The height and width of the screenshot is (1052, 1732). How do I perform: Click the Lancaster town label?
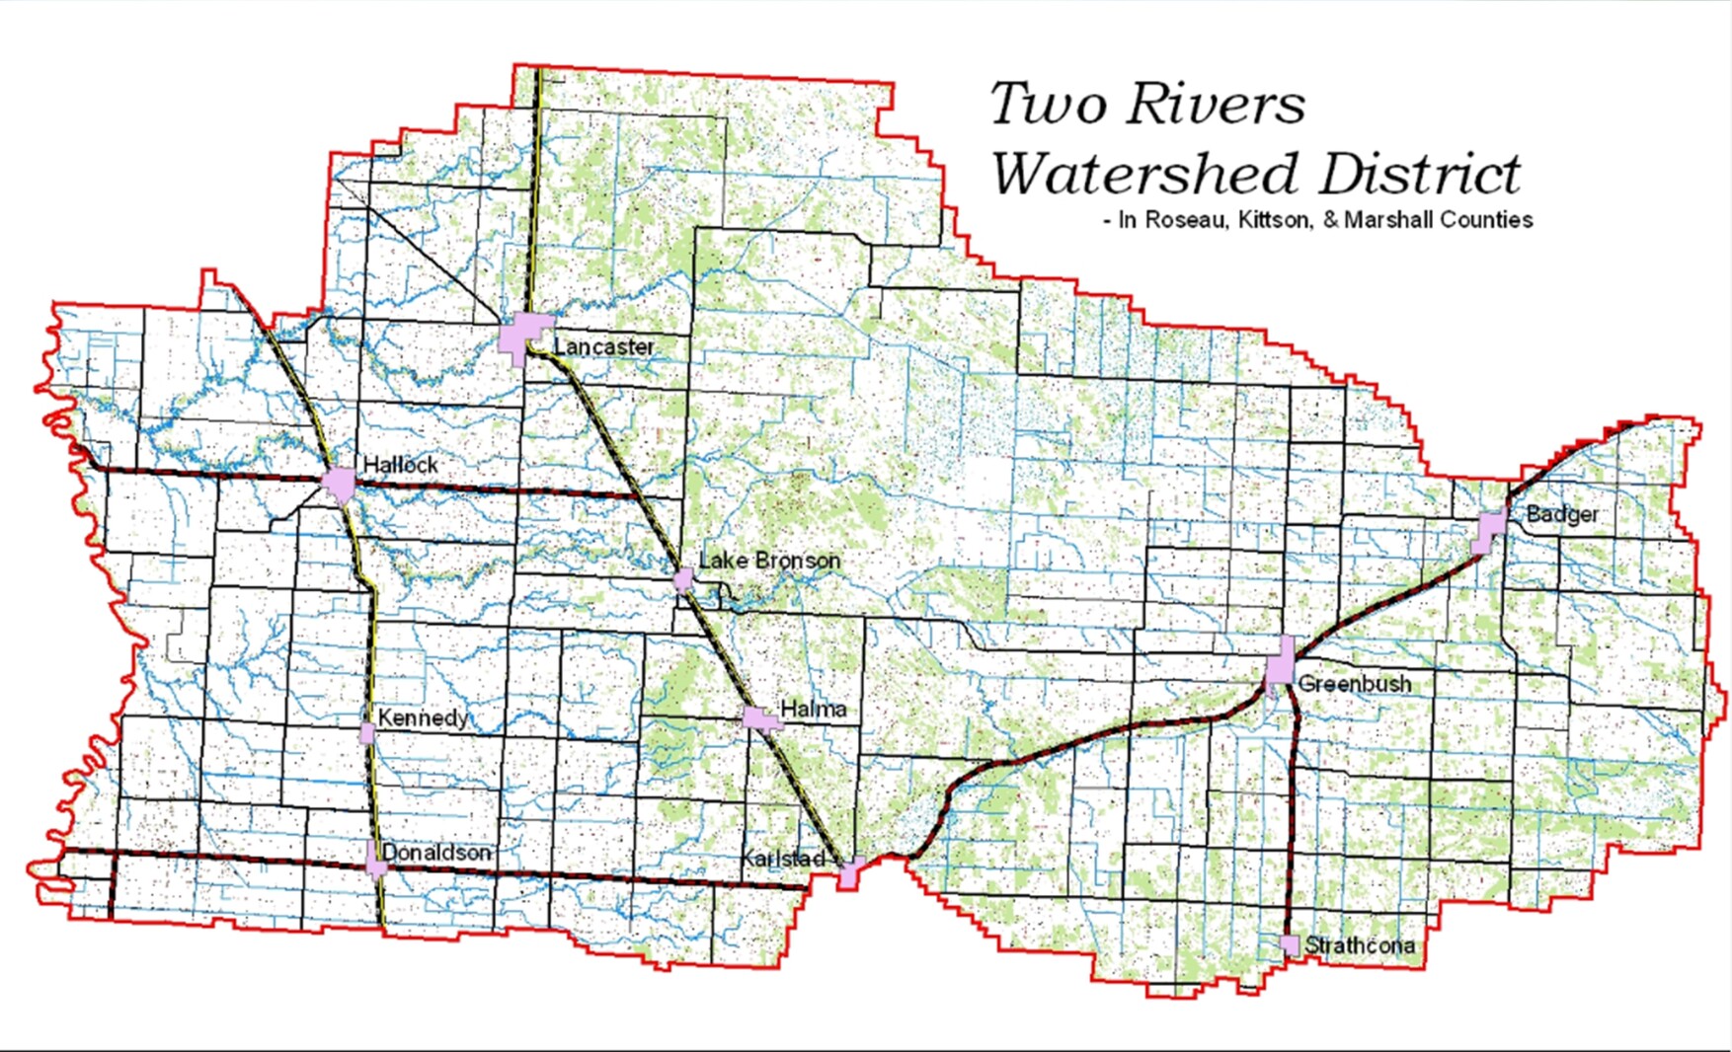coord(603,346)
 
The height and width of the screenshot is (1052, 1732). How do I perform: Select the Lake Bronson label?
coord(769,561)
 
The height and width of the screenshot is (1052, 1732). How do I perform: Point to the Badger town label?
coord(1561,514)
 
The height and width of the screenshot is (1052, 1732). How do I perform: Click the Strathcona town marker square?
coord(1290,944)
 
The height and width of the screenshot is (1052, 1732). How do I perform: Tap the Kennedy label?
coord(423,717)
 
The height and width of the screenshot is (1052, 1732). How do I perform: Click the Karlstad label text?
coord(782,860)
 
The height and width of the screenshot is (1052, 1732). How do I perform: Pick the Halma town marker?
coord(760,717)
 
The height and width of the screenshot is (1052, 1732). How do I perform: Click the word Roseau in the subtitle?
coord(1183,220)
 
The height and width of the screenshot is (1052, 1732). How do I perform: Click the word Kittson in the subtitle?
coord(1268,220)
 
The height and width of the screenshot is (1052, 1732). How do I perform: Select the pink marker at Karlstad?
coord(849,872)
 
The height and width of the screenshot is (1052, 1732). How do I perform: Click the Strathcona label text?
coord(1359,945)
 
